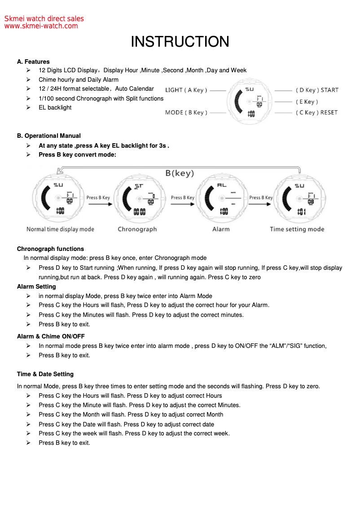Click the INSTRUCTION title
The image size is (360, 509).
click(180, 42)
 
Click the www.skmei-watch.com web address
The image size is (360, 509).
click(41, 26)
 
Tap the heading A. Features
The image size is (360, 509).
click(33, 61)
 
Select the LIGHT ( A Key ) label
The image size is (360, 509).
click(186, 90)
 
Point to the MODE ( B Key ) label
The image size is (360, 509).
click(186, 113)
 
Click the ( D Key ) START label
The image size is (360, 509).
click(317, 90)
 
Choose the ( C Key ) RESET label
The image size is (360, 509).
click(316, 113)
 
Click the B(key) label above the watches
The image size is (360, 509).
click(180, 173)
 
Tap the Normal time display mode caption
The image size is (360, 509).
click(60, 229)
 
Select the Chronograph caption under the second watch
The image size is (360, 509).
click(137, 229)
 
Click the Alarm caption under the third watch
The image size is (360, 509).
click(221, 229)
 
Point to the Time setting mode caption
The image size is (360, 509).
click(297, 229)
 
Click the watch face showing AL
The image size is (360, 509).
click(222, 198)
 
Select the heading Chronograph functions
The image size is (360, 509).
click(50, 249)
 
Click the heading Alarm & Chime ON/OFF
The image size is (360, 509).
click(51, 336)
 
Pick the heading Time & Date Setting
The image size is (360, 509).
click(45, 374)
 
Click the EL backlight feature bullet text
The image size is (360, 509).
click(55, 107)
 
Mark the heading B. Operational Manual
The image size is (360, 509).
click(49, 136)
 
